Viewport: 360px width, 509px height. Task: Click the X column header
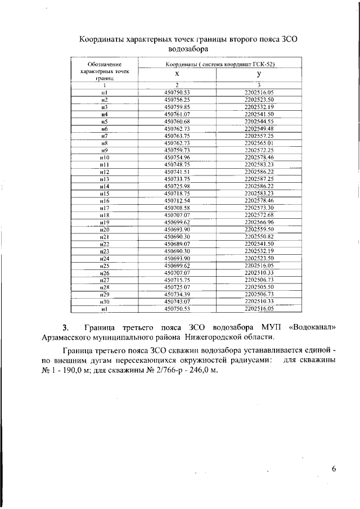pyautogui.click(x=177, y=74)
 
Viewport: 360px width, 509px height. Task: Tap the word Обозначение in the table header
pyautogui.click(x=104, y=65)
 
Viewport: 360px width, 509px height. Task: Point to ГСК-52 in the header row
pyautogui.click(x=262, y=65)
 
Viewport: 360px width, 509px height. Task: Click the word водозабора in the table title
pyautogui.click(x=188, y=49)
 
